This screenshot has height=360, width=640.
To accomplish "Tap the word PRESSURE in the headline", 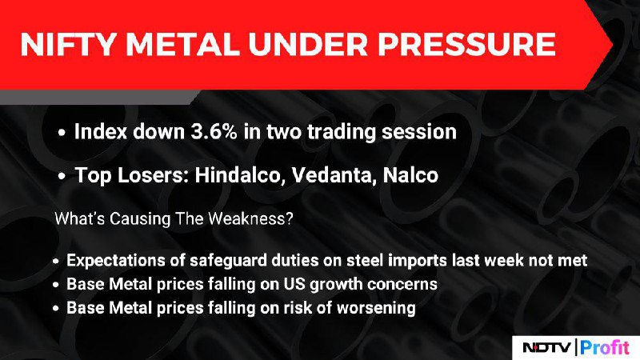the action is [x=466, y=44].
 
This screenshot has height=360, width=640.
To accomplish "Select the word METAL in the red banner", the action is [x=182, y=44].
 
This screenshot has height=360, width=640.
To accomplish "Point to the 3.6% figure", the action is [x=214, y=131].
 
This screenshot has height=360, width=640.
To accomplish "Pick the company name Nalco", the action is [x=410, y=175].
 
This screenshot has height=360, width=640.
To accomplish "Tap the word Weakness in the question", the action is [x=250, y=218].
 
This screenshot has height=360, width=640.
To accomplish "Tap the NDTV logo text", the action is [x=547, y=348].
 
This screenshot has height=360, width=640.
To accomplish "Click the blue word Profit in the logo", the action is [x=605, y=347].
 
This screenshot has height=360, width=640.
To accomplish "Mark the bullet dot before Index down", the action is [x=62, y=133].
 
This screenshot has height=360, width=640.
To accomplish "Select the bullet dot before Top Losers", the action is [x=62, y=176].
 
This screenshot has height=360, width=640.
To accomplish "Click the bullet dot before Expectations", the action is [x=56, y=262].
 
